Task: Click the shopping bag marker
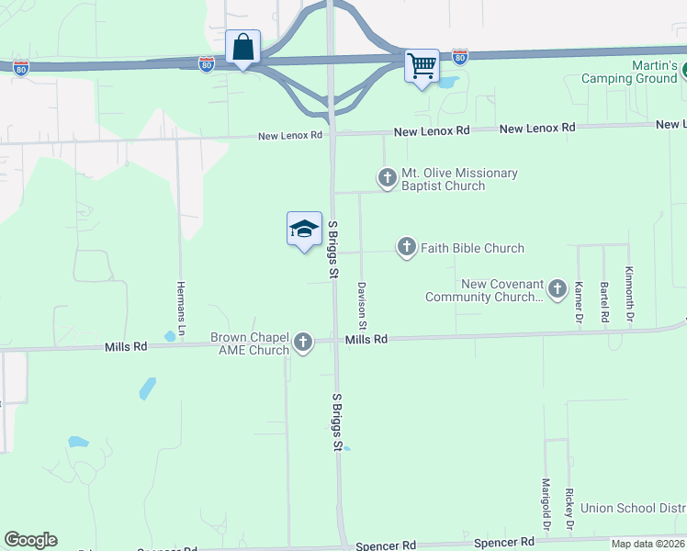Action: (x=242, y=47)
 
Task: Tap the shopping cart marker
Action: (x=422, y=66)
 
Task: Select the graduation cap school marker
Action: (x=304, y=230)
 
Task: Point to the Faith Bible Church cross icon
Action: (x=407, y=247)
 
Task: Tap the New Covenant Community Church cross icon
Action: (x=557, y=291)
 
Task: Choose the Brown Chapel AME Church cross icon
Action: (x=303, y=344)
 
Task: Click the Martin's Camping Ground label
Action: (x=630, y=73)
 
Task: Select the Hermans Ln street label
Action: (x=181, y=307)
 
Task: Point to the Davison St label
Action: (x=362, y=306)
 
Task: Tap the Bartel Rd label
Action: (x=604, y=302)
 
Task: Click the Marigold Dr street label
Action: (x=546, y=504)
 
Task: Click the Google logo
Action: (x=30, y=540)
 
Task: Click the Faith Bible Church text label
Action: (x=472, y=248)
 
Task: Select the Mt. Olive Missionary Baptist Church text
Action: (x=459, y=179)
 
